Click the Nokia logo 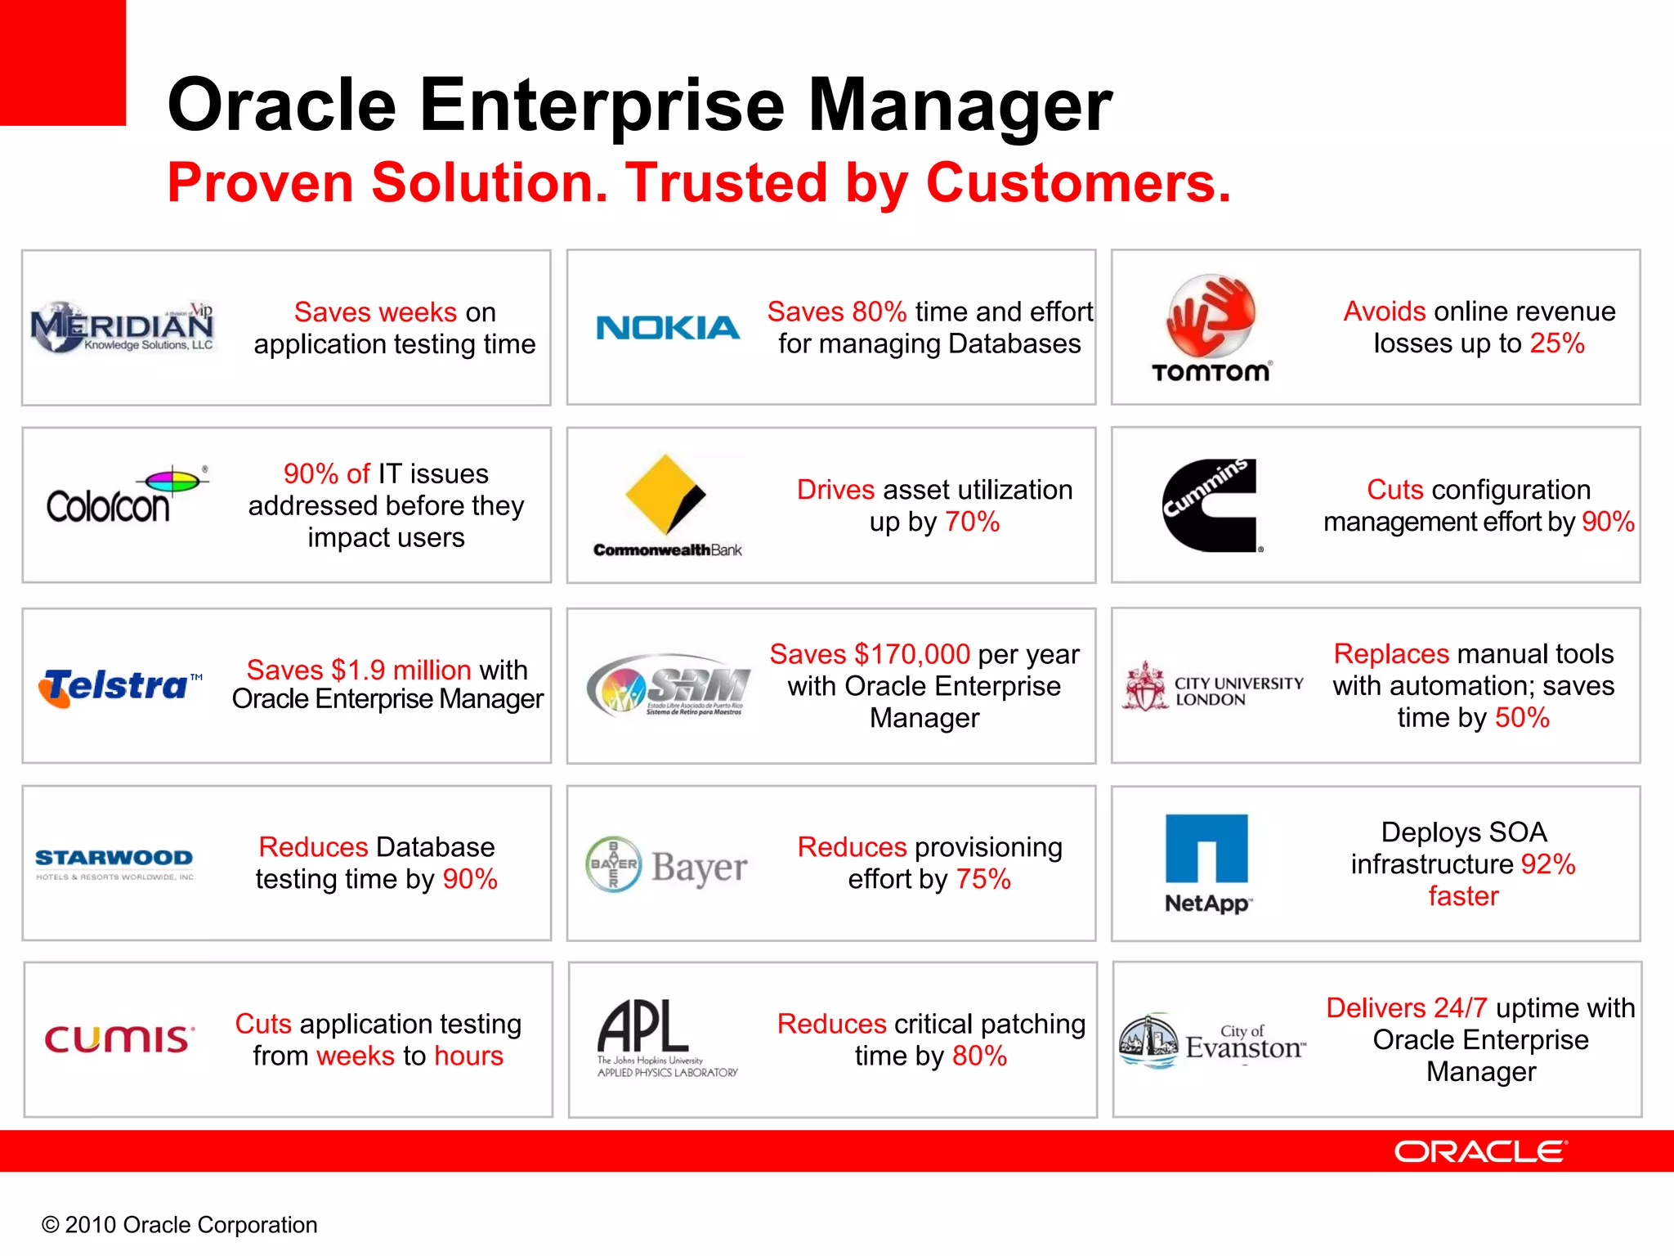click(x=668, y=328)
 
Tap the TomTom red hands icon click(x=1211, y=316)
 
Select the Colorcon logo click(x=123, y=496)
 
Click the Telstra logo click(x=119, y=685)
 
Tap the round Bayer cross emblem click(x=613, y=863)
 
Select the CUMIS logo click(x=119, y=1039)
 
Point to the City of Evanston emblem click(x=1148, y=1041)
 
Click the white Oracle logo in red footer click(x=1480, y=1151)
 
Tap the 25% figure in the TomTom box click(x=1557, y=343)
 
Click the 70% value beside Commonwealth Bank click(x=972, y=522)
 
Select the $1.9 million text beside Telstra click(x=401, y=670)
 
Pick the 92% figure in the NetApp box click(x=1547, y=864)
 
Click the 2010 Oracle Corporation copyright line click(x=180, y=1224)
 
